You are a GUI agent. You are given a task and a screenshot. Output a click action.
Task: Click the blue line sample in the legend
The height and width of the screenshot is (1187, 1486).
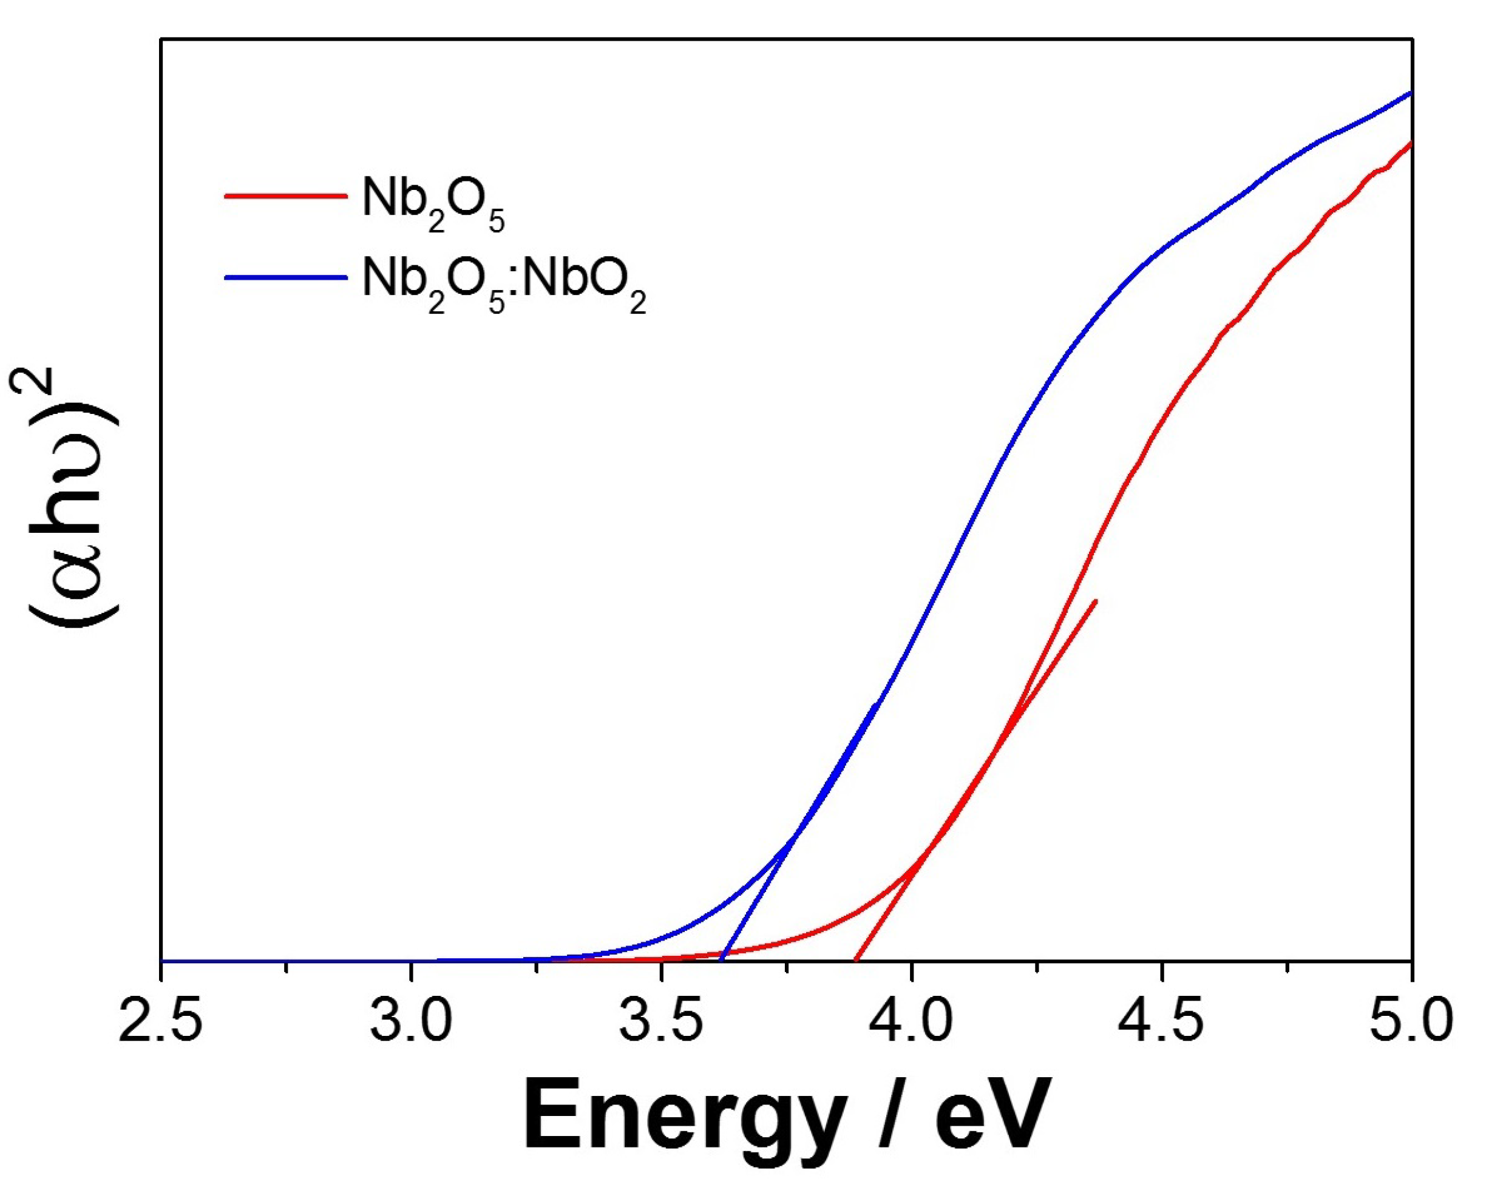coord(284,277)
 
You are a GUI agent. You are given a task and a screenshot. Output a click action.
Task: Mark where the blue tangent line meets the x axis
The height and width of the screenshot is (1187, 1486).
coord(721,959)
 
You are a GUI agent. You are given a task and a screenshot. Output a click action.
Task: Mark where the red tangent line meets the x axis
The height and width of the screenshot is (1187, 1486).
coord(855,959)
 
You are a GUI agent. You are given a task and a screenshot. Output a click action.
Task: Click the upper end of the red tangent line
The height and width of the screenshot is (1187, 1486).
coord(1095,601)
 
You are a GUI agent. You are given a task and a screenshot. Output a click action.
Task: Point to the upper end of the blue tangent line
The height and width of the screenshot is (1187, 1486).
coord(877,703)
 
